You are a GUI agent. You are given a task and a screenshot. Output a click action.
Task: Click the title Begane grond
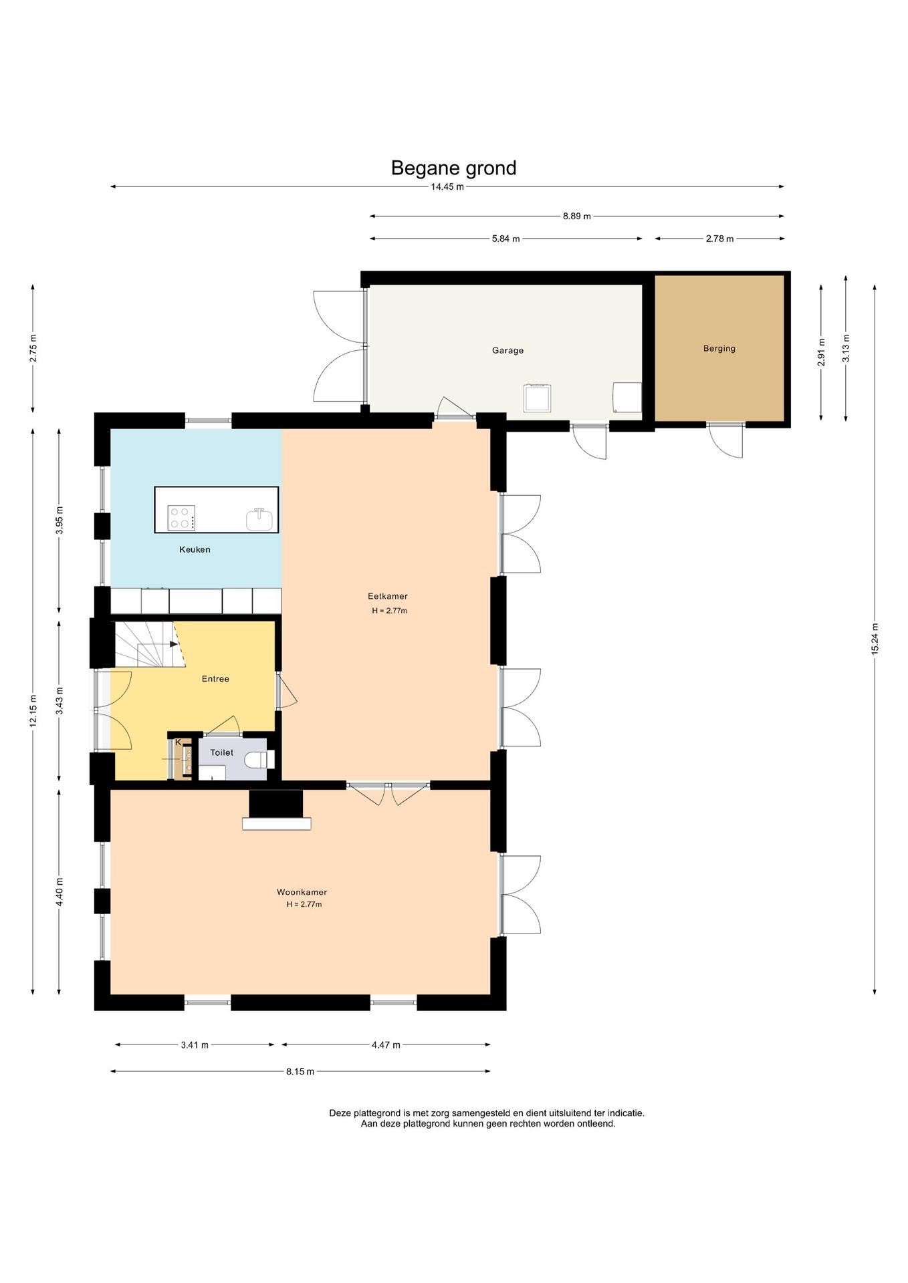[x=453, y=168]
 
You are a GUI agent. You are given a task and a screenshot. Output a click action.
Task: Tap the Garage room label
[x=507, y=350]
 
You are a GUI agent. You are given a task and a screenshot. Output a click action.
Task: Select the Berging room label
[x=719, y=348]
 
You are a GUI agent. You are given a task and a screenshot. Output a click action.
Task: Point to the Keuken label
[x=195, y=549]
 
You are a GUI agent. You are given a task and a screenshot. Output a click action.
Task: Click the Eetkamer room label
[x=388, y=596]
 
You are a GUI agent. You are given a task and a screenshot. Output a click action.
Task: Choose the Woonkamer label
[x=302, y=892]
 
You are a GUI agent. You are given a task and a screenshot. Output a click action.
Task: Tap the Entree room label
[x=215, y=679]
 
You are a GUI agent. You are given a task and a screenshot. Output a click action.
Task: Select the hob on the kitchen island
[x=181, y=518]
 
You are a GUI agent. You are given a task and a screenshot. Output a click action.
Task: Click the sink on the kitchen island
[x=259, y=519]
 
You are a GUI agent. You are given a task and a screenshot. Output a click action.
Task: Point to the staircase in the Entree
[x=148, y=644]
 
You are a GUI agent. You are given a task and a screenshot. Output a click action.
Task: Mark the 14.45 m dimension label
[x=447, y=186]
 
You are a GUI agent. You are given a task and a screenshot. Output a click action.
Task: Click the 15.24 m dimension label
[x=875, y=639]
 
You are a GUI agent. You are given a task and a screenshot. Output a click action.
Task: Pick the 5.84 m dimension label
[x=505, y=239]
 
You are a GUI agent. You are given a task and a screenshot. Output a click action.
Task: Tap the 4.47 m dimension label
[x=386, y=1044]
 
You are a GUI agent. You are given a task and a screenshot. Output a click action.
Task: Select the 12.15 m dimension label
[x=33, y=712]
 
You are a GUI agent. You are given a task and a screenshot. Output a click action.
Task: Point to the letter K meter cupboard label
[x=178, y=742]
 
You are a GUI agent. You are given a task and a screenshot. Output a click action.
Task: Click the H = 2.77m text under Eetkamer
[x=390, y=611]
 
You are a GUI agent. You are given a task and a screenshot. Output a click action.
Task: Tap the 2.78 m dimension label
[x=719, y=239]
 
